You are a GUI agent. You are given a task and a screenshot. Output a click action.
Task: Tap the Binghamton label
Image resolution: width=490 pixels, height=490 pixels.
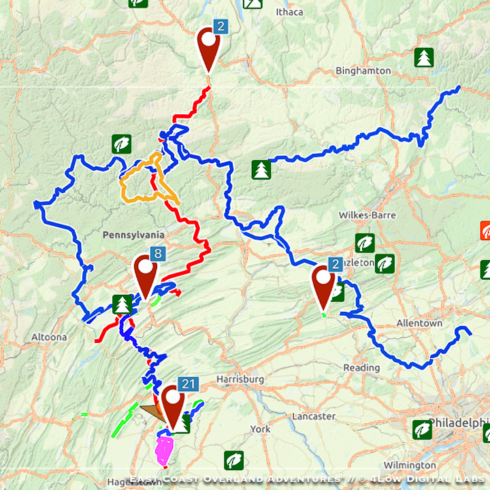pyautogui.click(x=363, y=71)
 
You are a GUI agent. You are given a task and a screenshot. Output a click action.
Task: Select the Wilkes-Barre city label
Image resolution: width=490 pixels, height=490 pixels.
pyautogui.click(x=367, y=215)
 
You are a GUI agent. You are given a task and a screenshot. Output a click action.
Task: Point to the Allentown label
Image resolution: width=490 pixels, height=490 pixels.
pyautogui.click(x=419, y=323)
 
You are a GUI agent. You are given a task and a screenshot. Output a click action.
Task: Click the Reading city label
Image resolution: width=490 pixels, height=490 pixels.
pyautogui.click(x=361, y=367)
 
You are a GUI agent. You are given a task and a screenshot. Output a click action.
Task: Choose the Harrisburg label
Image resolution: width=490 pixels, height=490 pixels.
pyautogui.click(x=240, y=378)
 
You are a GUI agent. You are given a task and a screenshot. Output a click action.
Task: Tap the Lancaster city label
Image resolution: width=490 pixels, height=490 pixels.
pyautogui.click(x=313, y=416)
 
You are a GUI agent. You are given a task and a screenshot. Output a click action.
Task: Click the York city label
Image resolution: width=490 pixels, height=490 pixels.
pyautogui.click(x=260, y=429)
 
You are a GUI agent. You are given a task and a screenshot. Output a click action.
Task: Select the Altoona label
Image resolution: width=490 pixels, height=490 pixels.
pyautogui.click(x=49, y=337)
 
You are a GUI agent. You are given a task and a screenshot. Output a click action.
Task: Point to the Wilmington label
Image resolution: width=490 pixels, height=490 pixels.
pyautogui.click(x=410, y=465)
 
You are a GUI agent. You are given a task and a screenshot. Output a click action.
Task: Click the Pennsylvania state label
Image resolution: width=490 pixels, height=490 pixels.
pyautogui.click(x=134, y=235)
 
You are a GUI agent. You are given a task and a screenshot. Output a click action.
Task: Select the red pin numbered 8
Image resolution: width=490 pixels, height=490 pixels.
pyautogui.click(x=146, y=274)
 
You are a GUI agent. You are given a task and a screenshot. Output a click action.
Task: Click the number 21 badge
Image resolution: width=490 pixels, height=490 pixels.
pyautogui.click(x=189, y=385)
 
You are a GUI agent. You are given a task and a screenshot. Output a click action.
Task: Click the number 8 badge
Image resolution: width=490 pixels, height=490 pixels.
pyautogui.click(x=158, y=255)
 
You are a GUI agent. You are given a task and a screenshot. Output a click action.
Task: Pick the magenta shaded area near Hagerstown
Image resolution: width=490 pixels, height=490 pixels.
pyautogui.click(x=165, y=448)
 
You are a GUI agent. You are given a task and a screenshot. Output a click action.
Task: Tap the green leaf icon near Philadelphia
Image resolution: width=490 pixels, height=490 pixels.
pyautogui.click(x=422, y=429)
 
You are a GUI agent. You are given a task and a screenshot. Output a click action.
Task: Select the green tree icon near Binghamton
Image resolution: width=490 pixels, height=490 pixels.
pyautogui.click(x=424, y=57)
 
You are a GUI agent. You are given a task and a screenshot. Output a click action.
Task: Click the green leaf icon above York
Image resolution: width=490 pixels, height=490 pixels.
pyautogui.click(x=233, y=460)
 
